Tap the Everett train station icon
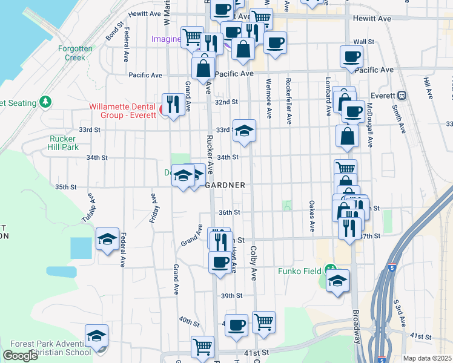click(401, 95)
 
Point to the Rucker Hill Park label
click(63, 143)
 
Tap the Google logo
click(20, 356)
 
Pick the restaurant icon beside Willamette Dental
click(174, 104)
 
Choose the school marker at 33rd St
click(244, 131)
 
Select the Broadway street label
click(355, 327)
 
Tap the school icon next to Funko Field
click(338, 281)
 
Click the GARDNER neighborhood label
click(225, 185)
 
